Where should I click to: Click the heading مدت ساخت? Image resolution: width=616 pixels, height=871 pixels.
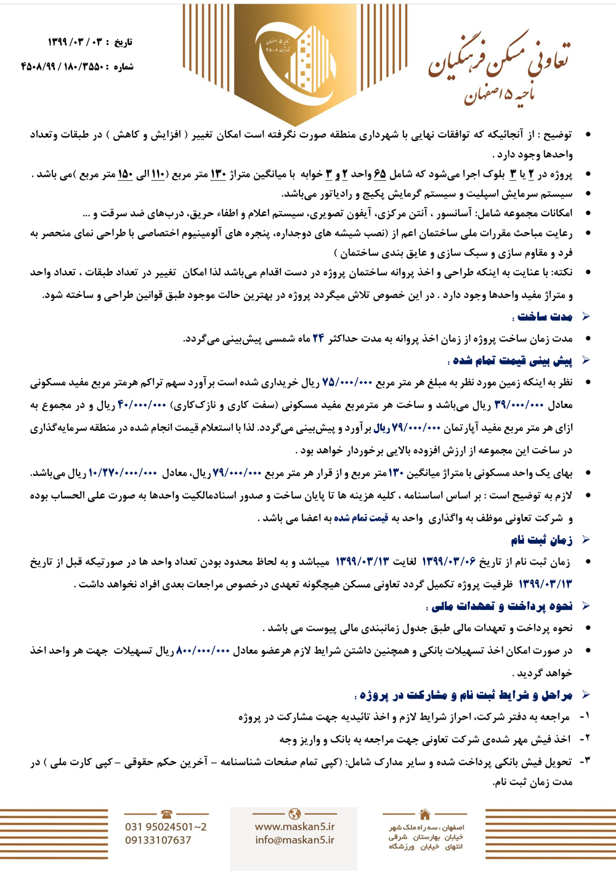point(545,316)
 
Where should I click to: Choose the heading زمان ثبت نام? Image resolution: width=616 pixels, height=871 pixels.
point(541,540)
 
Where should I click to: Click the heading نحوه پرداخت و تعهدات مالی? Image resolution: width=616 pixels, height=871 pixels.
point(502,606)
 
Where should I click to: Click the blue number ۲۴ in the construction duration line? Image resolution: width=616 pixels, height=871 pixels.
point(318,339)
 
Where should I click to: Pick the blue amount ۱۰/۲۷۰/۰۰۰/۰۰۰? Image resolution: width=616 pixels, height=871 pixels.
point(123,473)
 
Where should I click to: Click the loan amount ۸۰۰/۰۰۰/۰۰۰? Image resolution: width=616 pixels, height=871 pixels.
point(203,651)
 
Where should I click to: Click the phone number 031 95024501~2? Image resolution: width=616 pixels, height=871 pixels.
point(166,827)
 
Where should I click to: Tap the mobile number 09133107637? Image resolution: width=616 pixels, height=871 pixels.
point(158,840)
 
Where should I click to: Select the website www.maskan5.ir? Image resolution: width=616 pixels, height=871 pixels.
point(294,827)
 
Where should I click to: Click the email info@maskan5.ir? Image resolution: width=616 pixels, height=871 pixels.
point(294,840)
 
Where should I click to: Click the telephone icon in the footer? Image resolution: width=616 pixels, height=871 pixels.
point(166,814)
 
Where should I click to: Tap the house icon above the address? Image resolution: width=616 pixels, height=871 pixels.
point(425,814)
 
